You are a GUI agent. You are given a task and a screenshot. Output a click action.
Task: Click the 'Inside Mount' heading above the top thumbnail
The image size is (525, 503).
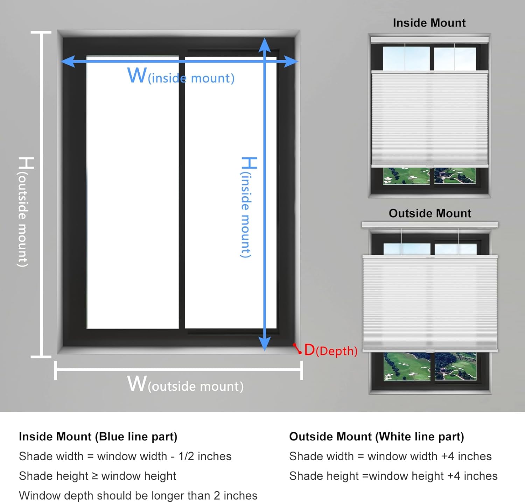pos(429,23)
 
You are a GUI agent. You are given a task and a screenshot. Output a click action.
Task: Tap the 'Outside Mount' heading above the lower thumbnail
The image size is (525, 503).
pos(430,213)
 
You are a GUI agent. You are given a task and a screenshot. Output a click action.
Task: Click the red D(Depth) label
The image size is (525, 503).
pos(330,350)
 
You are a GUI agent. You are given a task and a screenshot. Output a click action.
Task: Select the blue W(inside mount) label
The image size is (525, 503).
pos(181,77)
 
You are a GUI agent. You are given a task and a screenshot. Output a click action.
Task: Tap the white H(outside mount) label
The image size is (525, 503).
pos(24,212)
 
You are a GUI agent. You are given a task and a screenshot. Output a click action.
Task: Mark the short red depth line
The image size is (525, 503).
pos(297,348)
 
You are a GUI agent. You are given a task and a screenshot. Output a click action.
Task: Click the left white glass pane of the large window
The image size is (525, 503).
pos(133,192)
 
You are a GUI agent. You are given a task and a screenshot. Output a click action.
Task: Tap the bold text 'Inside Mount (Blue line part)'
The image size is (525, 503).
pos(98,437)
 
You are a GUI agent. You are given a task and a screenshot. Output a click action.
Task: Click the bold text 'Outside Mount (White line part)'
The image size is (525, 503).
pos(376,437)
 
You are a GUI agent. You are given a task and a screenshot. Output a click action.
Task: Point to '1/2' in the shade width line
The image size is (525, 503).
pos(186,456)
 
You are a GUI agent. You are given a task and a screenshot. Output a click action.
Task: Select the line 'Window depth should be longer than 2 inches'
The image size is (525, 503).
pos(138,496)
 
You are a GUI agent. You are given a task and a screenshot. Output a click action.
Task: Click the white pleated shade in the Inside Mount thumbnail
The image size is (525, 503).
pos(429,119)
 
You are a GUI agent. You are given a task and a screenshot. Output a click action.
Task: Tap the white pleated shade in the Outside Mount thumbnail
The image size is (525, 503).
pos(430,303)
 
